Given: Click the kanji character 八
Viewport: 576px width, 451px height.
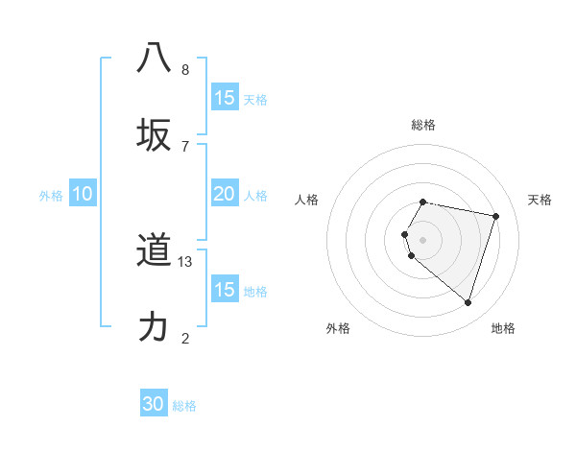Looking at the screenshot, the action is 154,58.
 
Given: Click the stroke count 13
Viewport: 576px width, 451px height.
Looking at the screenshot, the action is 186,262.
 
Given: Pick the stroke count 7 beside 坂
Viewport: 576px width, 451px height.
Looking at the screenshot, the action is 185,146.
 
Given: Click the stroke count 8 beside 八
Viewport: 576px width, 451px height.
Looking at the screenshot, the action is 185,69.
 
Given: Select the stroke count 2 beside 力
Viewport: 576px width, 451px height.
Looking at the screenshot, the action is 185,338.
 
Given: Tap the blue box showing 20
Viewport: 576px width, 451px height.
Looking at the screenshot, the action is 224,194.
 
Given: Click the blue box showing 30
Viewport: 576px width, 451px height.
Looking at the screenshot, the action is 154,404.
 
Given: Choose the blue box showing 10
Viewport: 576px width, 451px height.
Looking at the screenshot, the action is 83,194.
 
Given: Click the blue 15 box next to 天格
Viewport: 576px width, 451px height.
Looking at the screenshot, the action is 225,98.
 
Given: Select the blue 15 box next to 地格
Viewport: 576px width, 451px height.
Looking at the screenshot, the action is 225,290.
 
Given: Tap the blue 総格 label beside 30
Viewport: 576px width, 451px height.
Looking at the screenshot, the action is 184,406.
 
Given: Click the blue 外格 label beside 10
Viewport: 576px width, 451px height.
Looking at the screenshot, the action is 51,196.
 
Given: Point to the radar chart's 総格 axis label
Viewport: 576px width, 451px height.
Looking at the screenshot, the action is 422,125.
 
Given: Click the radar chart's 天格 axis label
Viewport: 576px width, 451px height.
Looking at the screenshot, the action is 540,200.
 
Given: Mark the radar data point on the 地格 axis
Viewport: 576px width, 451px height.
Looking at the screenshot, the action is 468,302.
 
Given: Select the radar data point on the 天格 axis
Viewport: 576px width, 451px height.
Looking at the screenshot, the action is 495,216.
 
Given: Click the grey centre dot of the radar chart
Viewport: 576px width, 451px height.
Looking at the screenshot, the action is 422,239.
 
